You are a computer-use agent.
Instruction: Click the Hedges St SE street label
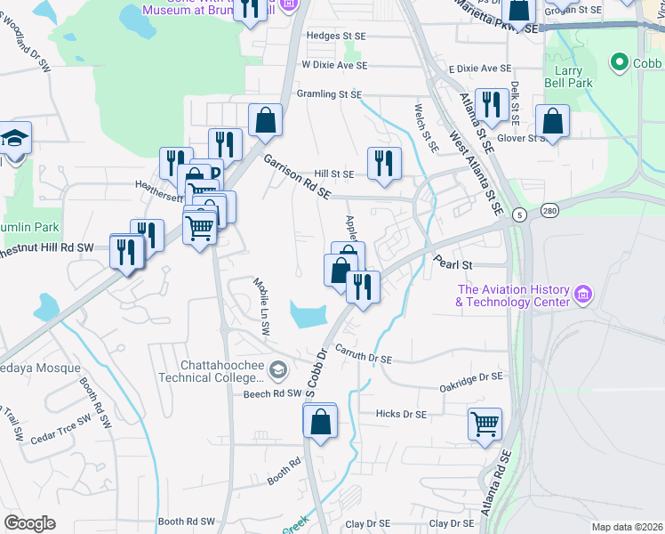[x=335, y=36]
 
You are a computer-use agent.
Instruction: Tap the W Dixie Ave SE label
[x=333, y=66]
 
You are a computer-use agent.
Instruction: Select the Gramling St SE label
[x=329, y=93]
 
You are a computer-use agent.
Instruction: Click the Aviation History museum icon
[x=583, y=294]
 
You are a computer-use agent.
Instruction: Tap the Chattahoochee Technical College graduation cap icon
[x=278, y=369]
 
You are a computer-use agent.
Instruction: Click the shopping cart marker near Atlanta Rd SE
[x=485, y=424]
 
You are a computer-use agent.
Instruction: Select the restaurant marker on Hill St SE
[x=384, y=163]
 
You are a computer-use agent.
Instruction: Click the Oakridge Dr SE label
[x=471, y=378]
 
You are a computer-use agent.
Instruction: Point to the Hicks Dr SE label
[x=401, y=414]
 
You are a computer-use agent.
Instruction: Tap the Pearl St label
[x=451, y=264]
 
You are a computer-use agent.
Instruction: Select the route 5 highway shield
[x=519, y=214]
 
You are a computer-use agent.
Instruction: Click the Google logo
[x=29, y=523]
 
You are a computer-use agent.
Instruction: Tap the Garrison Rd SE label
[x=296, y=176]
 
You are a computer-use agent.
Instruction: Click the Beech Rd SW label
[x=269, y=392]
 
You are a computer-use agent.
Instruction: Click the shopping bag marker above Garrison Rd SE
[x=265, y=120]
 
